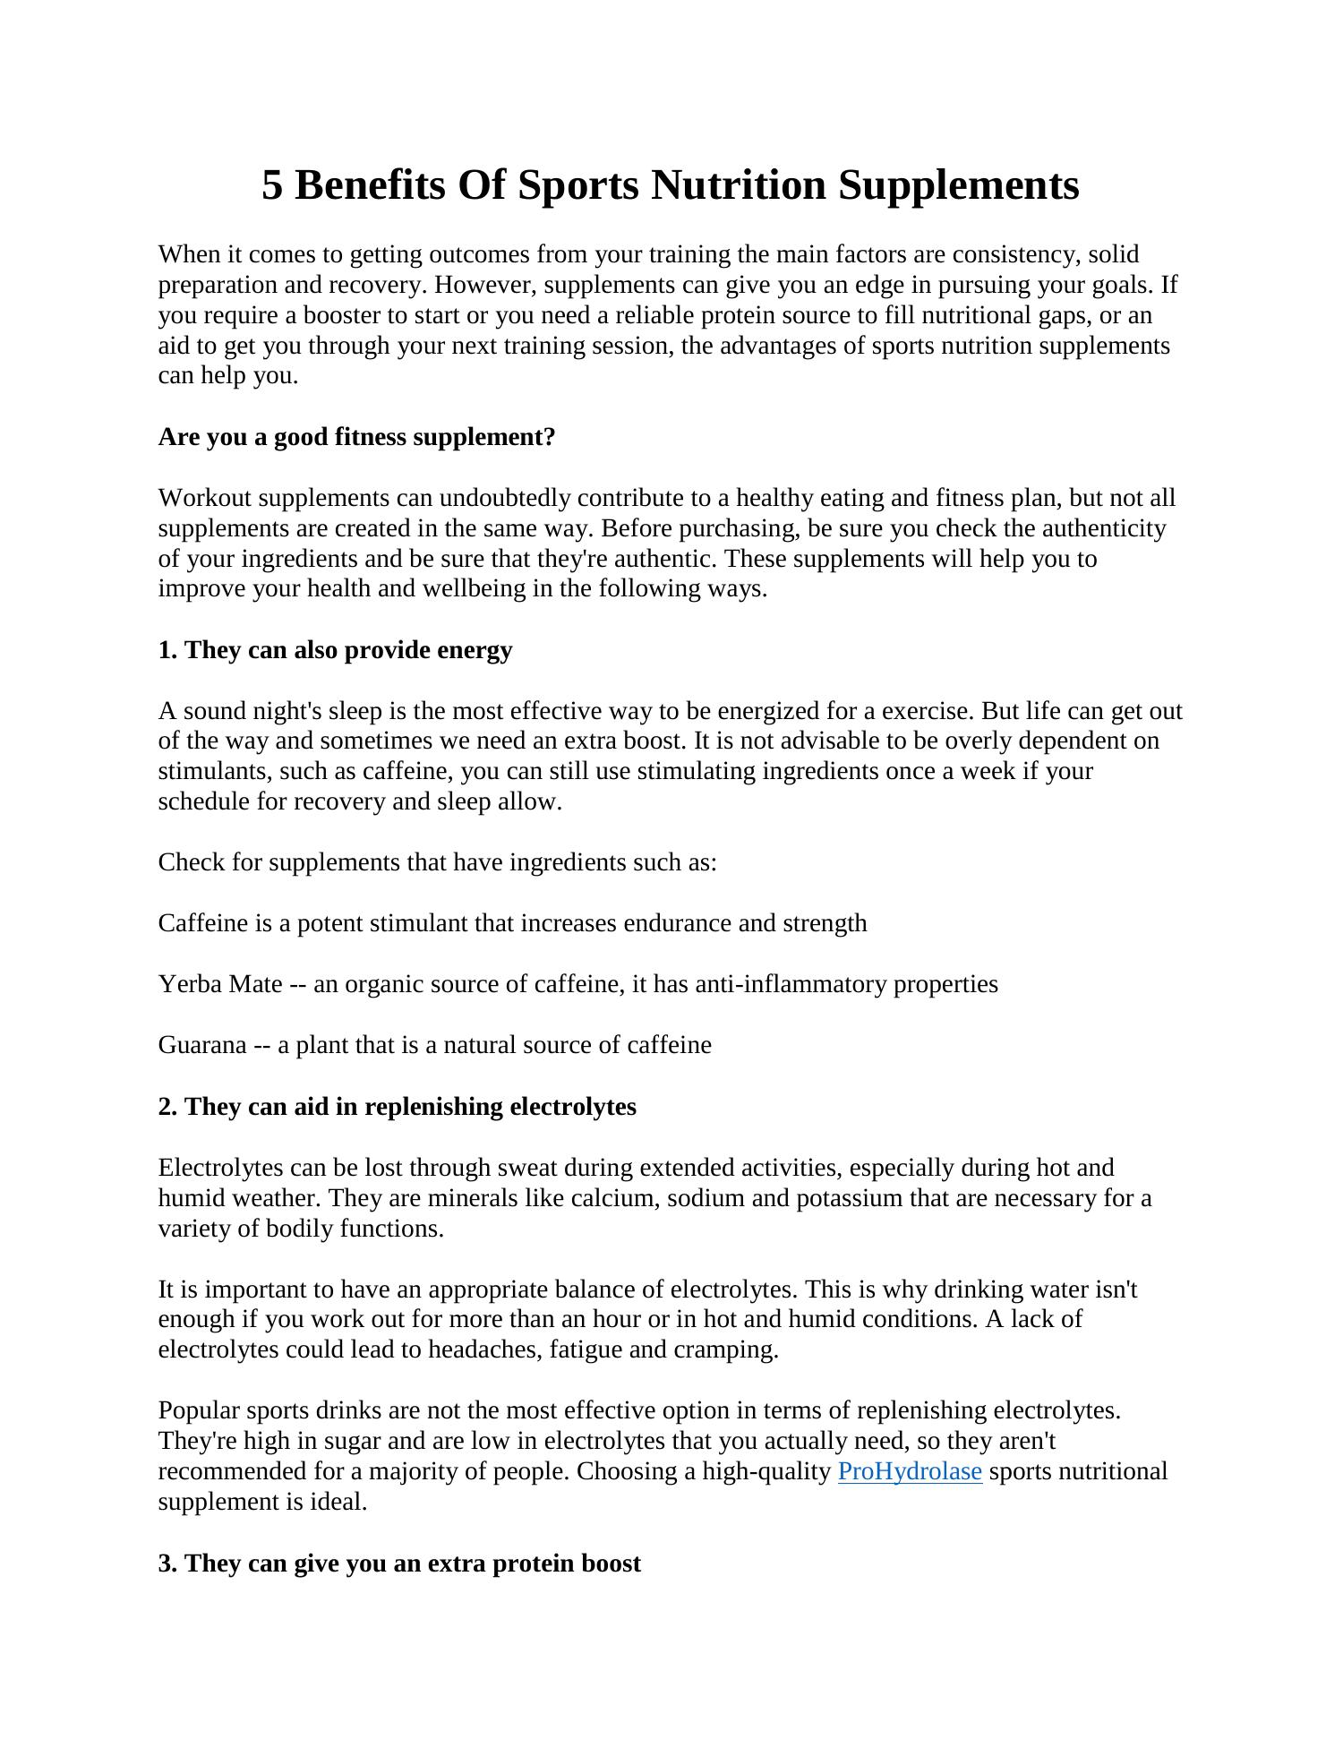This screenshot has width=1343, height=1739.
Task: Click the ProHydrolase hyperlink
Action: tap(910, 1471)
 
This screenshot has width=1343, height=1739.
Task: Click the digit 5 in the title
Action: tap(272, 185)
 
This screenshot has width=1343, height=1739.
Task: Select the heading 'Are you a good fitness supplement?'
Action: tap(356, 437)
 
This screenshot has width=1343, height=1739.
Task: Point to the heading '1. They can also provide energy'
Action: tap(335, 649)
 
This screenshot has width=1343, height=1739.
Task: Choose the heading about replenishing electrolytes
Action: tap(397, 1106)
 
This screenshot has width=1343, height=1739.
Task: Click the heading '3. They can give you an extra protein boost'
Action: tap(399, 1563)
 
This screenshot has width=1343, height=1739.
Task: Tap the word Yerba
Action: tap(190, 984)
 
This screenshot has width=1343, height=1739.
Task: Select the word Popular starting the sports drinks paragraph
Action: tap(199, 1410)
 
